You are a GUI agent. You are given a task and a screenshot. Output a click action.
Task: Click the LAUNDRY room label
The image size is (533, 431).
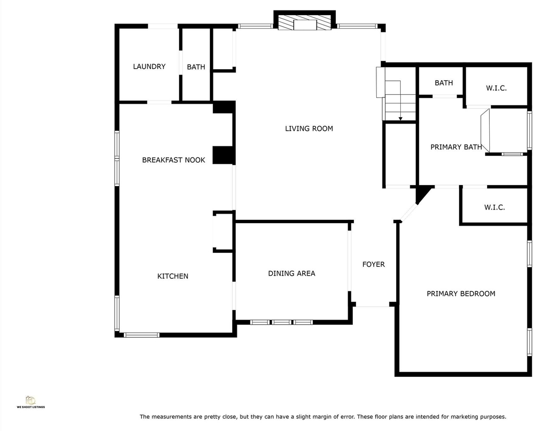pos(149,66)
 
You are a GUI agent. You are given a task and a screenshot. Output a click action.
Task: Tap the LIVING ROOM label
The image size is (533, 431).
pos(309,128)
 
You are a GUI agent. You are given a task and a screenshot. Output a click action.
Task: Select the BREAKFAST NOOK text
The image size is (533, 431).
pos(173,159)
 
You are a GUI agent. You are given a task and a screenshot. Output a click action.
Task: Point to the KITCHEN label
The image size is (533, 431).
pos(173,276)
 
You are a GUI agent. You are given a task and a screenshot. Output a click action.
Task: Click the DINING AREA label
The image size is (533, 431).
pos(291,274)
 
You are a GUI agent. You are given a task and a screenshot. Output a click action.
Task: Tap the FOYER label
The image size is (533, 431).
pos(374,264)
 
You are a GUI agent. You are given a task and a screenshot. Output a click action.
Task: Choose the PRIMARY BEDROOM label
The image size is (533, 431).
pos(461,293)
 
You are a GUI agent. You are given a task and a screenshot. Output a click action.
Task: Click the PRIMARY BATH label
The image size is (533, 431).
pos(456,147)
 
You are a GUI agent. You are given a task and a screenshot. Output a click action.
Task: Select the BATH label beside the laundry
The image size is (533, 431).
pos(196,67)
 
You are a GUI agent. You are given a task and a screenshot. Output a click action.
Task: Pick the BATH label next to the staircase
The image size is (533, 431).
pos(444,83)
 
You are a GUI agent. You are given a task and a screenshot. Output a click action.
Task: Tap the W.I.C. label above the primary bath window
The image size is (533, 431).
pos(496,88)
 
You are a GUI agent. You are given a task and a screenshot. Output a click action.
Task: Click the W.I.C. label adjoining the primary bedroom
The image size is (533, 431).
pos(494,207)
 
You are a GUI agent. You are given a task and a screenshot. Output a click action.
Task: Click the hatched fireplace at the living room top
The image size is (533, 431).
pos(304,22)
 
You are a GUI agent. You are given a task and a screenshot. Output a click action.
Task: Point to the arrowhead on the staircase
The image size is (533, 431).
pos(400,118)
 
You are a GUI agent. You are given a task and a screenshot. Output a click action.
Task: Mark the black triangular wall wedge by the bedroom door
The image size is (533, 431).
pos(423,194)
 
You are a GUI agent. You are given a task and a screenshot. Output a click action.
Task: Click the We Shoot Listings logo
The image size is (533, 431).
pos(31,402)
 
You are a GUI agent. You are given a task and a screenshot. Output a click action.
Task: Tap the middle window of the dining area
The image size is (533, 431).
pos(282,322)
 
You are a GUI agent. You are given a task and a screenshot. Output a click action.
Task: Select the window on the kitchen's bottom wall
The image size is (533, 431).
pos(142,335)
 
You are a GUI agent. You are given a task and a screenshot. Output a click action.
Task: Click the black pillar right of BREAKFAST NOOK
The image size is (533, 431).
pos(223,155)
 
